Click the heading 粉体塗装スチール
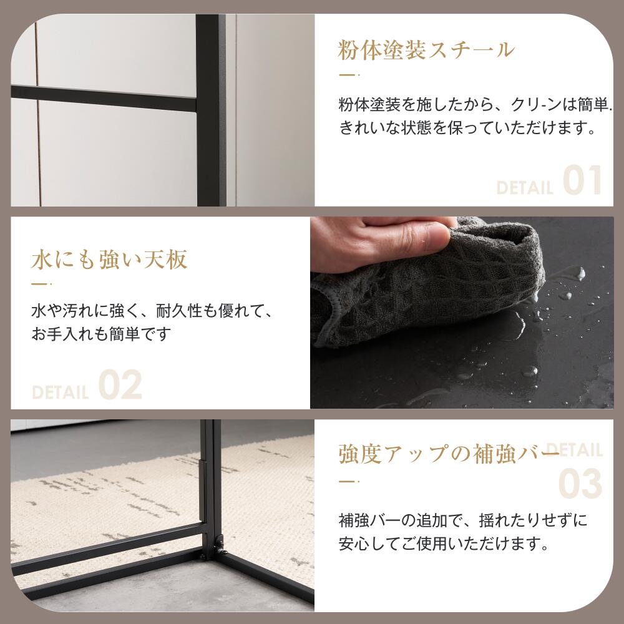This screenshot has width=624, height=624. (426, 50)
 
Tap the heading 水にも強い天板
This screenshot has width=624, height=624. (109, 260)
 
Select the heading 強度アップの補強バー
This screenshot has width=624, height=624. (449, 454)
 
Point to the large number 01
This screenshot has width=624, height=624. (582, 180)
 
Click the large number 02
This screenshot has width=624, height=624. (120, 385)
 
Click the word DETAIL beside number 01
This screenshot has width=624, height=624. (525, 188)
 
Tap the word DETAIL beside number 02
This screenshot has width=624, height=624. (60, 392)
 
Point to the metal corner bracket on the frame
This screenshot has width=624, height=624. (219, 546)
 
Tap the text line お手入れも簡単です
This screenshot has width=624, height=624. (101, 333)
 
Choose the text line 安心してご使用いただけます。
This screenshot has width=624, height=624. (444, 544)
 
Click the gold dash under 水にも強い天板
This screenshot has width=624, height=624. (41, 284)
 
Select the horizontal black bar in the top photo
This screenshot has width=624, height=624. (104, 99)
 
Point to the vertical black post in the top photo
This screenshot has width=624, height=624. (211, 110)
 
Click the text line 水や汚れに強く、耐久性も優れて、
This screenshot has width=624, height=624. (153, 311)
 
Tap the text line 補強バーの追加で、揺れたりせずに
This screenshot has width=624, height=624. (463, 520)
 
